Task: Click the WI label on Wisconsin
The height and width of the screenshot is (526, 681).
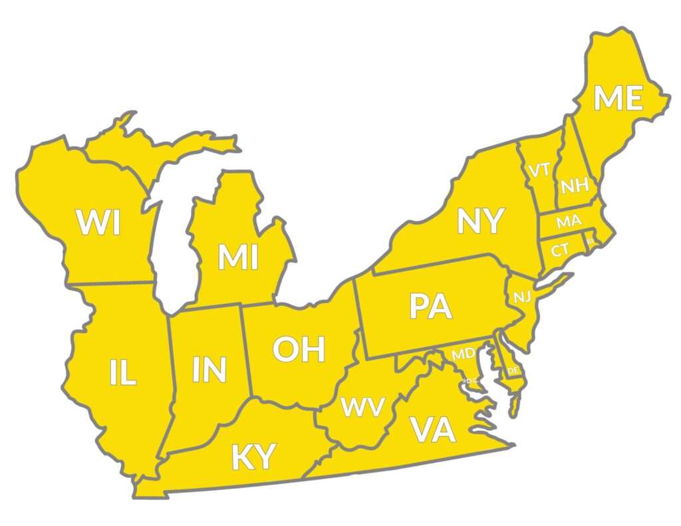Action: pyautogui.click(x=98, y=223)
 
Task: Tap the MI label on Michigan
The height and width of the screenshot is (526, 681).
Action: pyautogui.click(x=238, y=258)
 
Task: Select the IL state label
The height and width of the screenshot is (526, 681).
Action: pyautogui.click(x=123, y=374)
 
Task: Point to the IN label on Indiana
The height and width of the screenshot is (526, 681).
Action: pyautogui.click(x=209, y=370)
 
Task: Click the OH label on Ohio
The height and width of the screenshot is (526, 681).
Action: pyautogui.click(x=299, y=349)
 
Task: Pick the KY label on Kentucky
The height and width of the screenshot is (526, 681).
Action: pyautogui.click(x=253, y=457)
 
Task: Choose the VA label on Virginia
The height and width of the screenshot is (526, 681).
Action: pyautogui.click(x=433, y=430)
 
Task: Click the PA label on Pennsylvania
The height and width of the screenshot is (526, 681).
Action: pyautogui.click(x=430, y=307)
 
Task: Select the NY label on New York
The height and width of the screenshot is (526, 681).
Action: pyautogui.click(x=481, y=221)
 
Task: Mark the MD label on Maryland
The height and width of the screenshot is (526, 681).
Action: pyautogui.click(x=464, y=354)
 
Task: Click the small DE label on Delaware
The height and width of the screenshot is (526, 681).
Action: pyautogui.click(x=513, y=370)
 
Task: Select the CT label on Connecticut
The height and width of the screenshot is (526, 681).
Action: pyautogui.click(x=559, y=250)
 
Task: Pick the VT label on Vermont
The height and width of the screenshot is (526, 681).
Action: pyautogui.click(x=539, y=170)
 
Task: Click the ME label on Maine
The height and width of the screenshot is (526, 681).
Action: pyautogui.click(x=618, y=98)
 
